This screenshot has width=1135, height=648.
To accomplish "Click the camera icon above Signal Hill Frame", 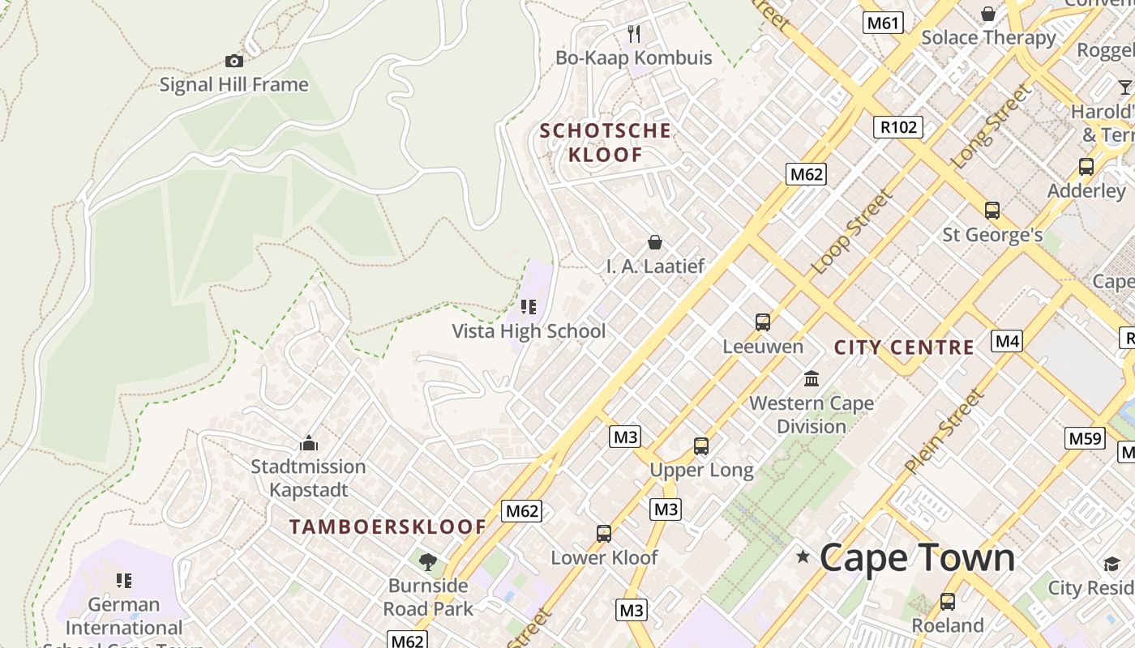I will (233, 61).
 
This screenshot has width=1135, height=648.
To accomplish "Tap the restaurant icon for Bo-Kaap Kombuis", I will (634, 34).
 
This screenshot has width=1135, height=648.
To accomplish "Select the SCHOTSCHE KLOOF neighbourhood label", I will (606, 143).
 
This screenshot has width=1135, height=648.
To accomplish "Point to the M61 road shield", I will (883, 23).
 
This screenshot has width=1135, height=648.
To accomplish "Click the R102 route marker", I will (898, 126).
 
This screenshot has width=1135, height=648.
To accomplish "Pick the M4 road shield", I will (1007, 341).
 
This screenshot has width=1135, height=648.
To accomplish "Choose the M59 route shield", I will (1085, 438).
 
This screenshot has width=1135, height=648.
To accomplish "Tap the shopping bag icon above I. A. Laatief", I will (655, 242).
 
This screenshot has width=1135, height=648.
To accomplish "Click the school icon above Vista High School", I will (529, 307).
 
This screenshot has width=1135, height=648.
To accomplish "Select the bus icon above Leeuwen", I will (763, 322).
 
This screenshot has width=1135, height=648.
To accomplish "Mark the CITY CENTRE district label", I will (904, 347).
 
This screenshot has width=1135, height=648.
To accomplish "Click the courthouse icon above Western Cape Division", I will (812, 378).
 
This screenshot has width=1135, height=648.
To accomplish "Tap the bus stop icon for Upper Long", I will (701, 446).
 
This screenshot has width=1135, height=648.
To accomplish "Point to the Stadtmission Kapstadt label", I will (308, 478).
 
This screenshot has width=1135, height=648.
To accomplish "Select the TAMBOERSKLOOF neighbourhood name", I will (388, 526).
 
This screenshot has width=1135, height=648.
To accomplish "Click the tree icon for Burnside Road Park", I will (427, 561).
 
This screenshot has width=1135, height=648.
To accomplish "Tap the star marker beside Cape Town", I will (803, 556).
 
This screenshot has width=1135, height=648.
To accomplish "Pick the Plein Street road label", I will (944, 432).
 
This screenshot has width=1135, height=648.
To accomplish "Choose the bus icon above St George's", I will (992, 211).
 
